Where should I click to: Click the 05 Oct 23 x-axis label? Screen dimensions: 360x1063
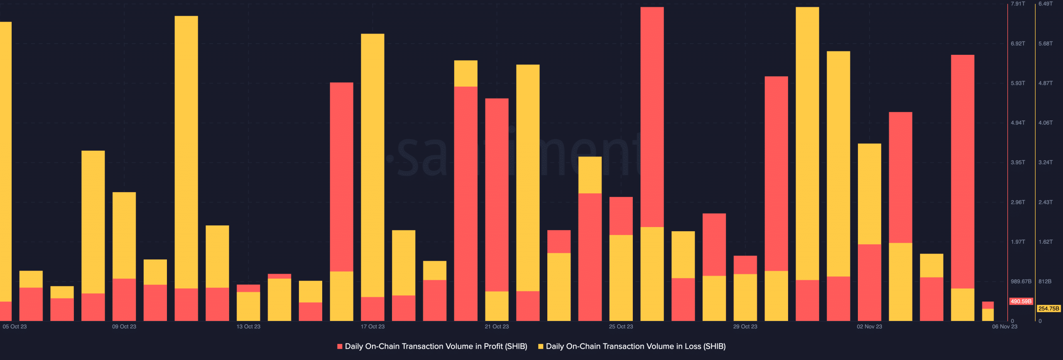pyautogui.click(x=15, y=326)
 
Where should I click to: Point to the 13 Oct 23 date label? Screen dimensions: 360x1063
pyautogui.click(x=248, y=326)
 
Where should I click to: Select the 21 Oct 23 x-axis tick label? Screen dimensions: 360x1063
pyautogui.click(x=497, y=326)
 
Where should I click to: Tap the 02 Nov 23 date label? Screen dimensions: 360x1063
pyautogui.click(x=869, y=326)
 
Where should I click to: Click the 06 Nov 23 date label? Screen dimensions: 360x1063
pyautogui.click(x=1004, y=326)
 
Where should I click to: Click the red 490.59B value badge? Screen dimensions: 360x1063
pyautogui.click(x=1021, y=301)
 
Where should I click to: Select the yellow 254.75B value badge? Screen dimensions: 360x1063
pyautogui.click(x=1048, y=309)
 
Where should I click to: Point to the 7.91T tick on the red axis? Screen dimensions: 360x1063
pyautogui.click(x=1018, y=4)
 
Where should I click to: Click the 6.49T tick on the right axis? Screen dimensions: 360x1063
pyautogui.click(x=1045, y=4)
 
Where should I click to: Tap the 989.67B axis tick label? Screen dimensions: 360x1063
pyautogui.click(x=1021, y=282)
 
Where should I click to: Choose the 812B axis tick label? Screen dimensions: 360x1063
pyautogui.click(x=1045, y=282)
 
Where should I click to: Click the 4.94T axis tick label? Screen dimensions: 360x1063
pyautogui.click(x=1018, y=123)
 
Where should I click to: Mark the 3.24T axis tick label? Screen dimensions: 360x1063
pyautogui.click(x=1045, y=162)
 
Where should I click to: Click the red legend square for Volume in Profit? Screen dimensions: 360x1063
pyautogui.click(x=340, y=346)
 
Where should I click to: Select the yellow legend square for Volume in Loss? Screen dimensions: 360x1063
pyautogui.click(x=541, y=346)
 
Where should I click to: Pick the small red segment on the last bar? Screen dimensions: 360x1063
pyautogui.click(x=987, y=305)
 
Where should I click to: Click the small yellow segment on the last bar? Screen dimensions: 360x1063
pyautogui.click(x=987, y=315)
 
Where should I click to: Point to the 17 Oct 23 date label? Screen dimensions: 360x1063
pyautogui.click(x=372, y=326)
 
